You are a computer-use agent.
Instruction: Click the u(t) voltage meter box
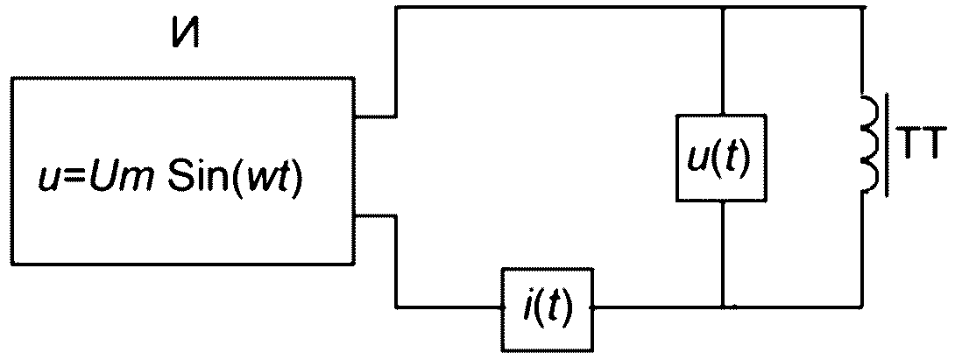721,158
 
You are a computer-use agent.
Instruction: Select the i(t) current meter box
547,309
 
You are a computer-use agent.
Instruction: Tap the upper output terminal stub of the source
375,116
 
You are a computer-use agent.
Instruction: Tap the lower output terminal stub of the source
375,215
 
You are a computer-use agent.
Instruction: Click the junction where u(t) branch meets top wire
722,8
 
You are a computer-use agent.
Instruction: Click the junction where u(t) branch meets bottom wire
722,307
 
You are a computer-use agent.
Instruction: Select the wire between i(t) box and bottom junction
657,307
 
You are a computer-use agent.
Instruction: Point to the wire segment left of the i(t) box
449,307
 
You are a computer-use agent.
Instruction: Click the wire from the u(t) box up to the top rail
722,61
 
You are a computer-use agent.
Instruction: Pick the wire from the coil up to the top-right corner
862,52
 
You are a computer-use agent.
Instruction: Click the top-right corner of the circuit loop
862,8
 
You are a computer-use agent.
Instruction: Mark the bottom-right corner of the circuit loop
862,307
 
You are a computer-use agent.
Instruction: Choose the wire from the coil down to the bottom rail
862,250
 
